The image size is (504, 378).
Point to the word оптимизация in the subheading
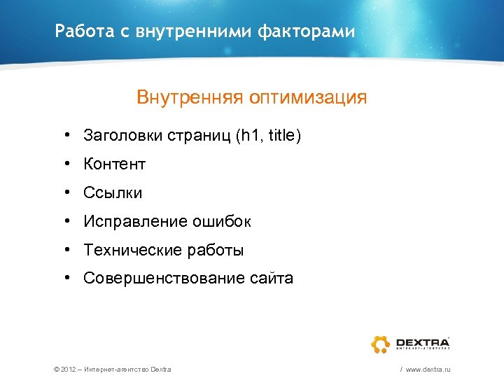click(x=306, y=97)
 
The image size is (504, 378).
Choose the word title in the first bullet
click(x=282, y=135)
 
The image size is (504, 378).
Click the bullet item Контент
click(x=114, y=164)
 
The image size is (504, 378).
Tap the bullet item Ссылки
click(x=113, y=192)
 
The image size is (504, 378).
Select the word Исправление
click(x=133, y=221)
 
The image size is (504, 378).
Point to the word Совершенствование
click(x=164, y=279)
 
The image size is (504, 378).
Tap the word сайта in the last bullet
click(x=271, y=279)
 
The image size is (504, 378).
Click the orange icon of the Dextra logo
click(x=380, y=344)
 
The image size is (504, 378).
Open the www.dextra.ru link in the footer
click(x=427, y=369)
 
